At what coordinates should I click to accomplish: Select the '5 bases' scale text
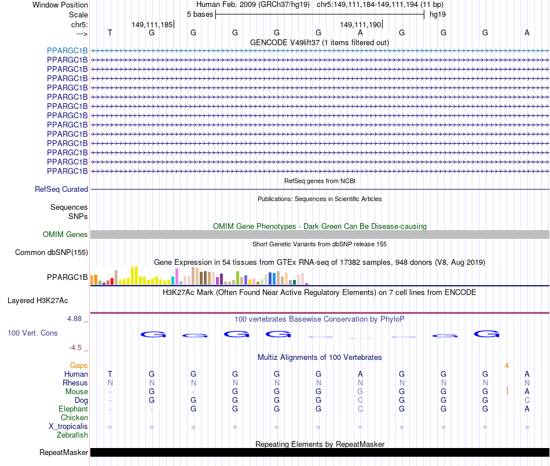point(200,14)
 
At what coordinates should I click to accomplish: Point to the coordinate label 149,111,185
point(152,25)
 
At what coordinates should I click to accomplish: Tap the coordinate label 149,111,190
point(360,25)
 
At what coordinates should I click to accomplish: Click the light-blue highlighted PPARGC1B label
point(67,50)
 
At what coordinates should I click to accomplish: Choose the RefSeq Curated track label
point(61,190)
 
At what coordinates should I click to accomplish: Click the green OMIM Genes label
point(65,235)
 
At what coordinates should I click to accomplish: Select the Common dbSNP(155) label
point(52,253)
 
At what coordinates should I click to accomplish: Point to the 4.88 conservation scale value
point(76,319)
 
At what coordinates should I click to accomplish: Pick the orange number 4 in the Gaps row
point(507,366)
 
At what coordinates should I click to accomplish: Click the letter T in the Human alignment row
point(110,374)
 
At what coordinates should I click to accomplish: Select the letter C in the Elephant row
point(360,409)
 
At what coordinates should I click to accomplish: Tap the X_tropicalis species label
point(68,427)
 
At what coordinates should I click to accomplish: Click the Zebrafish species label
point(72,435)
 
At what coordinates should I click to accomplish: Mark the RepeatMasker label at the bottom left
point(64,453)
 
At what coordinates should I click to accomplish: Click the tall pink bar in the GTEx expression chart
point(177,277)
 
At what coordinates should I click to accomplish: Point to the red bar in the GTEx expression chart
point(112,281)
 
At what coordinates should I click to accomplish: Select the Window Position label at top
point(60,5)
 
